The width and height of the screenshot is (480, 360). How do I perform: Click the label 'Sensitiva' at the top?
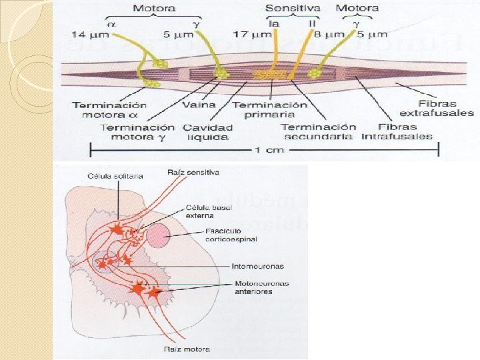[293, 8]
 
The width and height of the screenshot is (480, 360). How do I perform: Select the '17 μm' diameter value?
[249, 33]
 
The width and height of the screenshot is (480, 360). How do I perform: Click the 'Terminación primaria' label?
[270, 110]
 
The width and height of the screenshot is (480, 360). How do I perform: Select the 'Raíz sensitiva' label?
[194, 172]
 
